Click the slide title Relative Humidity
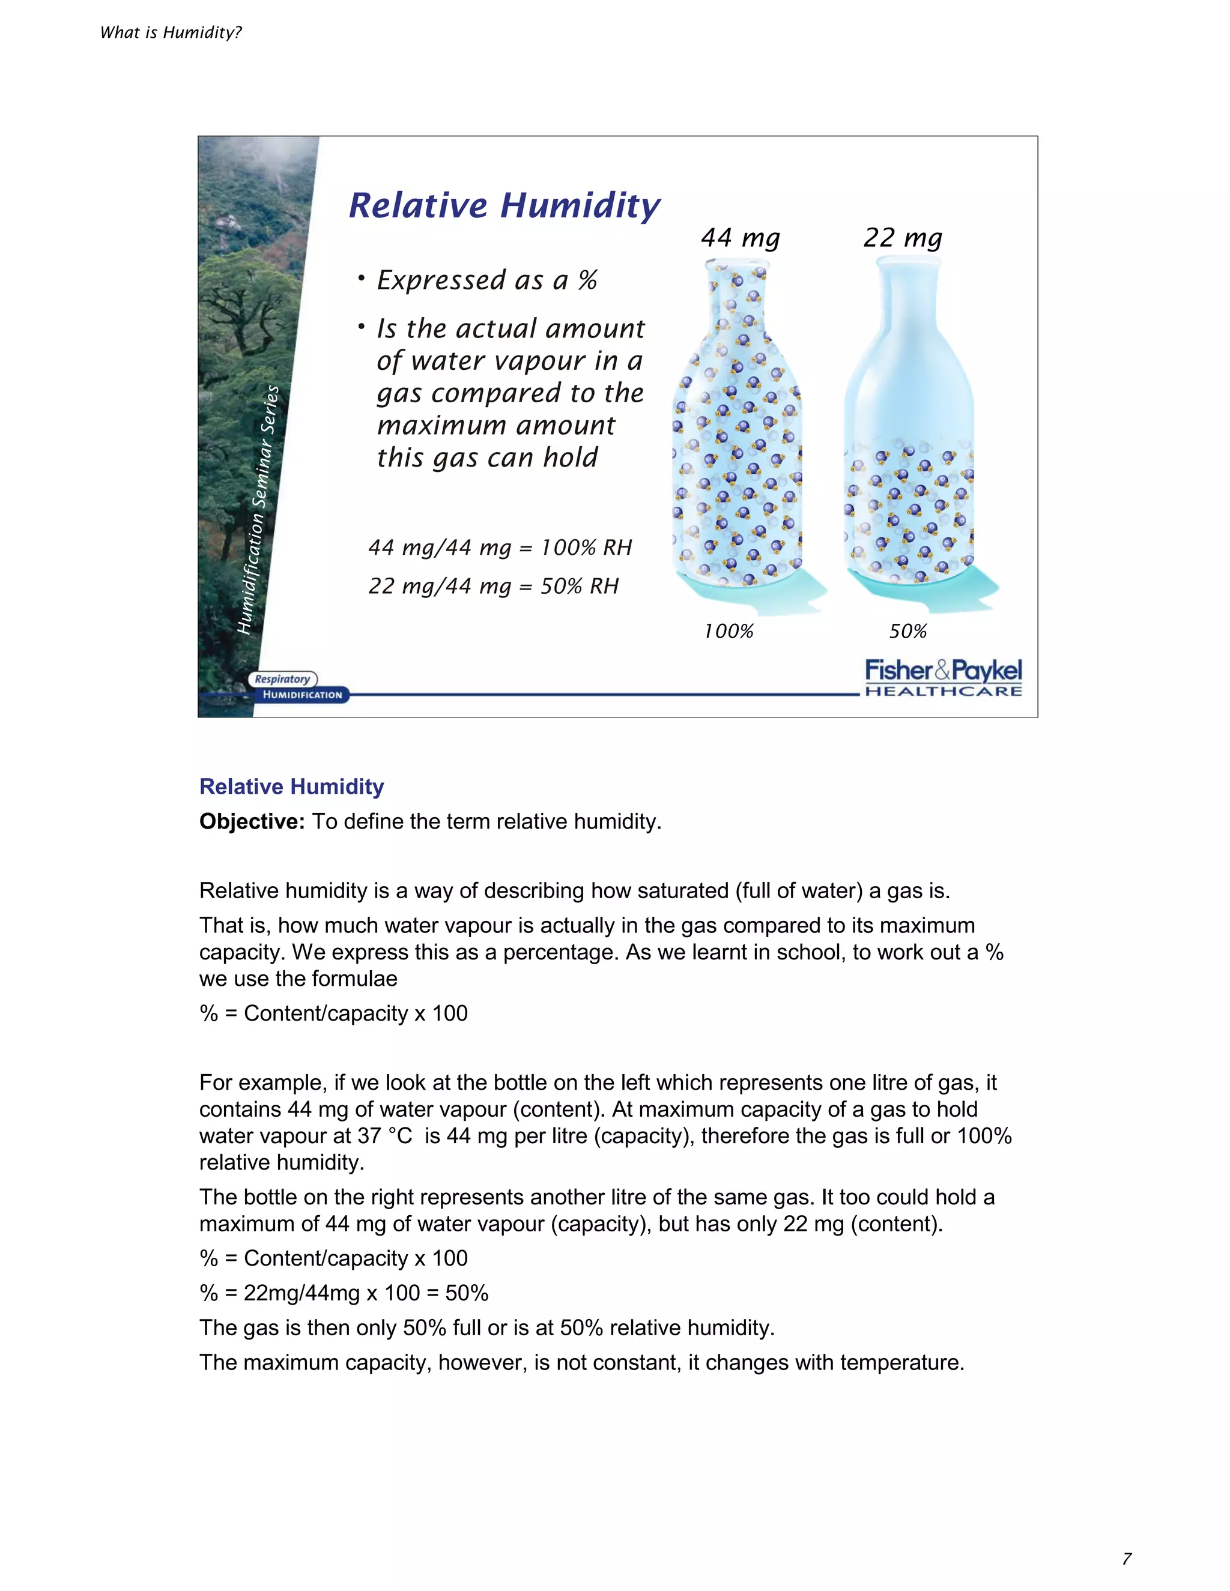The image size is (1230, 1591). [504, 205]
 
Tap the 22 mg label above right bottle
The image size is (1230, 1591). [902, 238]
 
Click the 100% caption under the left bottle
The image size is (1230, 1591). [728, 631]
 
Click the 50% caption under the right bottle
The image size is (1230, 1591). [907, 631]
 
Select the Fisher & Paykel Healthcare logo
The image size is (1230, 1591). [943, 677]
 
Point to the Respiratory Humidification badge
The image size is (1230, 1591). [297, 687]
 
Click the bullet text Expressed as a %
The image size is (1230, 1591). [486, 280]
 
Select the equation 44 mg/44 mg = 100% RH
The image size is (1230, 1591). [500, 547]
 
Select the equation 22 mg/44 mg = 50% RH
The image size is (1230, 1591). [493, 586]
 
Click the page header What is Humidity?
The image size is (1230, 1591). [171, 32]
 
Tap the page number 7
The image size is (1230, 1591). [1127, 1559]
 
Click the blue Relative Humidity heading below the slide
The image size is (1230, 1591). [291, 786]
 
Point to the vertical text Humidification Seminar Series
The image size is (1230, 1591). [259, 510]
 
